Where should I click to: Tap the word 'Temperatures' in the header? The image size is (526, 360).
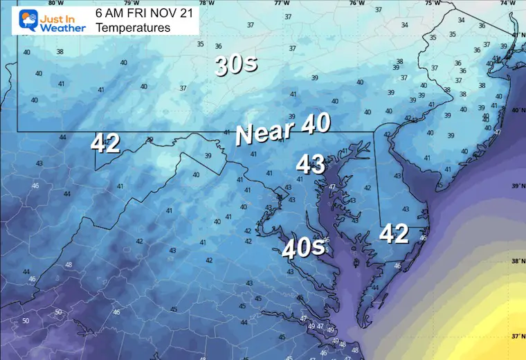pyautogui.click(x=133, y=28)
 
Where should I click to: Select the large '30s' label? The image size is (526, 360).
pyautogui.click(x=236, y=66)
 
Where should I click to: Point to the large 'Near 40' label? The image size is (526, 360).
pyautogui.click(x=282, y=130)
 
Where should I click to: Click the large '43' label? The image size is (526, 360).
pyautogui.click(x=311, y=165)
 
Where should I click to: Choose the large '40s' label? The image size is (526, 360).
pyautogui.click(x=303, y=247)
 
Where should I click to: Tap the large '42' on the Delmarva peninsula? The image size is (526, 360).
pyautogui.click(x=394, y=235)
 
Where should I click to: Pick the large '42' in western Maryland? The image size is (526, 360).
pyautogui.click(x=106, y=143)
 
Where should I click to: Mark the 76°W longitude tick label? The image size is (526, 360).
pyautogui.click(x=356, y=3)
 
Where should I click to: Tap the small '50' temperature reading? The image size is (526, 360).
pyautogui.click(x=26, y=321)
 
